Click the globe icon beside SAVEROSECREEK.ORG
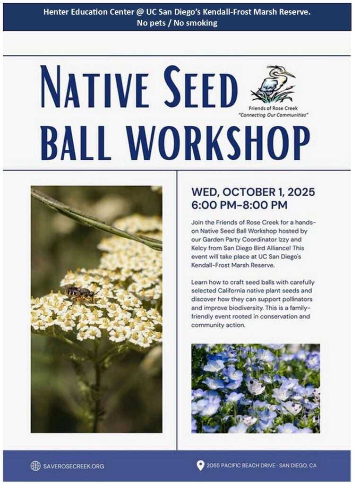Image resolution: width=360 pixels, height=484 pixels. (x=35, y=466)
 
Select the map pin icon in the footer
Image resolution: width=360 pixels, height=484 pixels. (x=200, y=466)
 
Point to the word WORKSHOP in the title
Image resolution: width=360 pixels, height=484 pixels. (x=218, y=143)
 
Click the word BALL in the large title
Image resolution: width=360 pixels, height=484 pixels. (x=76, y=143)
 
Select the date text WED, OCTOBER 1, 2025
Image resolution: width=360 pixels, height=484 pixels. (x=253, y=192)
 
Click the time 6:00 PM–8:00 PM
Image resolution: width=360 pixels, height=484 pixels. (x=240, y=205)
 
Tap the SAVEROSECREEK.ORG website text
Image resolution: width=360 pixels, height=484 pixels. (x=74, y=466)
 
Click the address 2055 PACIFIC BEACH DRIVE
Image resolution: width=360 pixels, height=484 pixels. (x=240, y=466)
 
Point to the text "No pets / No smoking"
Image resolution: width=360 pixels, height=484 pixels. (x=177, y=23)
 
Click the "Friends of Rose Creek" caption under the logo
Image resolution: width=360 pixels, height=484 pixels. (x=274, y=108)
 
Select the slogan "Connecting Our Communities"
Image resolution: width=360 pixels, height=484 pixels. (x=274, y=115)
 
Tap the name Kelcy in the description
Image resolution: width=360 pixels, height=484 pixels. (x=198, y=248)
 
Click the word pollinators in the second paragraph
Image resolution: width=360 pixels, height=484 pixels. (x=296, y=299)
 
